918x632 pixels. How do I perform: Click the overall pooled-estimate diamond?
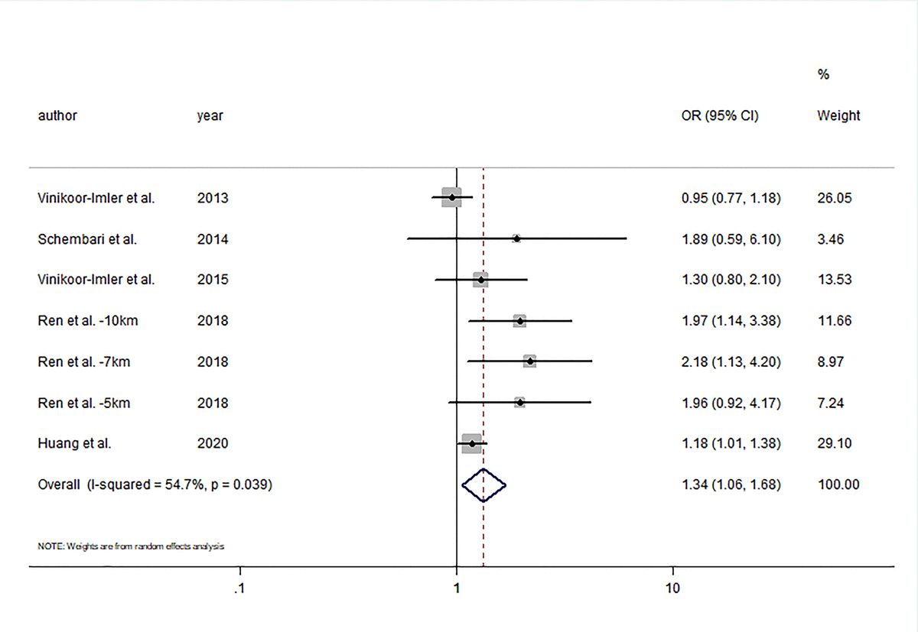pyautogui.click(x=484, y=485)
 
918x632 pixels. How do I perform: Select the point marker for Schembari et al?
pyautogui.click(x=516, y=239)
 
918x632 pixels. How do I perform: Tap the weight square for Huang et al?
pyautogui.click(x=472, y=443)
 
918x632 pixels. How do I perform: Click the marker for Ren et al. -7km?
pyautogui.click(x=529, y=361)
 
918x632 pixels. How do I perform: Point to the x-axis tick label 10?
pyautogui.click(x=672, y=589)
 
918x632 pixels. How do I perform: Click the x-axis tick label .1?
pyautogui.click(x=239, y=589)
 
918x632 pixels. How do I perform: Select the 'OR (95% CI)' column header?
pyautogui.click(x=720, y=116)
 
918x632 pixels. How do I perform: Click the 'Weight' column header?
pyautogui.click(x=838, y=116)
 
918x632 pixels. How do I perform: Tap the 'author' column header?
pyautogui.click(x=57, y=116)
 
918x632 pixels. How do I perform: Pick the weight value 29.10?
pyautogui.click(x=834, y=443)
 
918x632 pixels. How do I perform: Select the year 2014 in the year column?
pyautogui.click(x=212, y=239)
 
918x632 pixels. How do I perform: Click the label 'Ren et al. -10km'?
pyautogui.click(x=88, y=321)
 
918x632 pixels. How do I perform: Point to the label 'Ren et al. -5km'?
pyautogui.click(x=84, y=403)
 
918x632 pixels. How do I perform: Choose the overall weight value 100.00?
pyautogui.click(x=838, y=485)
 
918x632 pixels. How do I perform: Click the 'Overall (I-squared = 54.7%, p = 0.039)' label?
pyautogui.click(x=155, y=485)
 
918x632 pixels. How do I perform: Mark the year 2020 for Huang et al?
pyautogui.click(x=212, y=443)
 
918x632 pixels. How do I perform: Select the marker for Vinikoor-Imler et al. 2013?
pyautogui.click(x=451, y=198)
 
